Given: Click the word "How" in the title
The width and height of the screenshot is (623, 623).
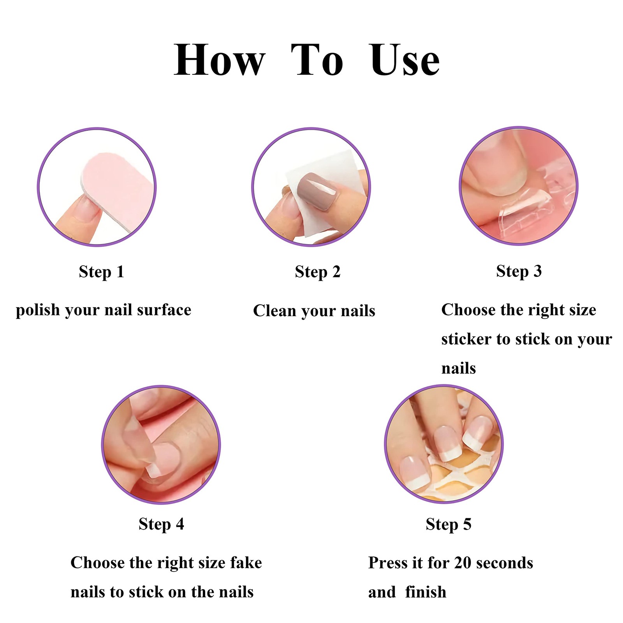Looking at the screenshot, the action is (219, 60).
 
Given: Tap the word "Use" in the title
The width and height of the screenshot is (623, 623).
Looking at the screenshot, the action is (405, 60).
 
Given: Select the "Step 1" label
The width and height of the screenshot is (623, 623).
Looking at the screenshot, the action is (101, 272).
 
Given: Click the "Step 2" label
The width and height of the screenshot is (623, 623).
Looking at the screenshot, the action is (317, 272).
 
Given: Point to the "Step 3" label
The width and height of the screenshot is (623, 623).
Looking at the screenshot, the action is (519, 271).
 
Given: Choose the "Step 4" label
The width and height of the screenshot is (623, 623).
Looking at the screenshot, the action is (161, 524).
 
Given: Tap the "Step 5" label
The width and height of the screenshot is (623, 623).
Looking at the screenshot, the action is (448, 524).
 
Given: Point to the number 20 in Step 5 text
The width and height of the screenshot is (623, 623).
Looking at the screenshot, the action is (463, 563).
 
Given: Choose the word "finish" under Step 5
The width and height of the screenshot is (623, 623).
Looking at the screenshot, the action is (426, 592).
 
